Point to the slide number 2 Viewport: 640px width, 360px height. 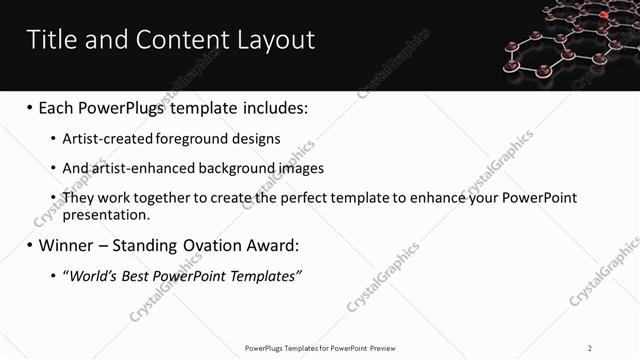(589, 348)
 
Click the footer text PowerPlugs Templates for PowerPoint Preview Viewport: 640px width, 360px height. (319, 348)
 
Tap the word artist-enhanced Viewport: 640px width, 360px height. (137, 168)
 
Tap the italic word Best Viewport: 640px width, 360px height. (140, 275)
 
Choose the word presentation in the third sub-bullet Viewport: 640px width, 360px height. (106, 214)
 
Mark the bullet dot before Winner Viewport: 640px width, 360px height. (30, 245)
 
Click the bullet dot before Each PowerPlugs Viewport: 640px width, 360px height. (30, 108)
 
